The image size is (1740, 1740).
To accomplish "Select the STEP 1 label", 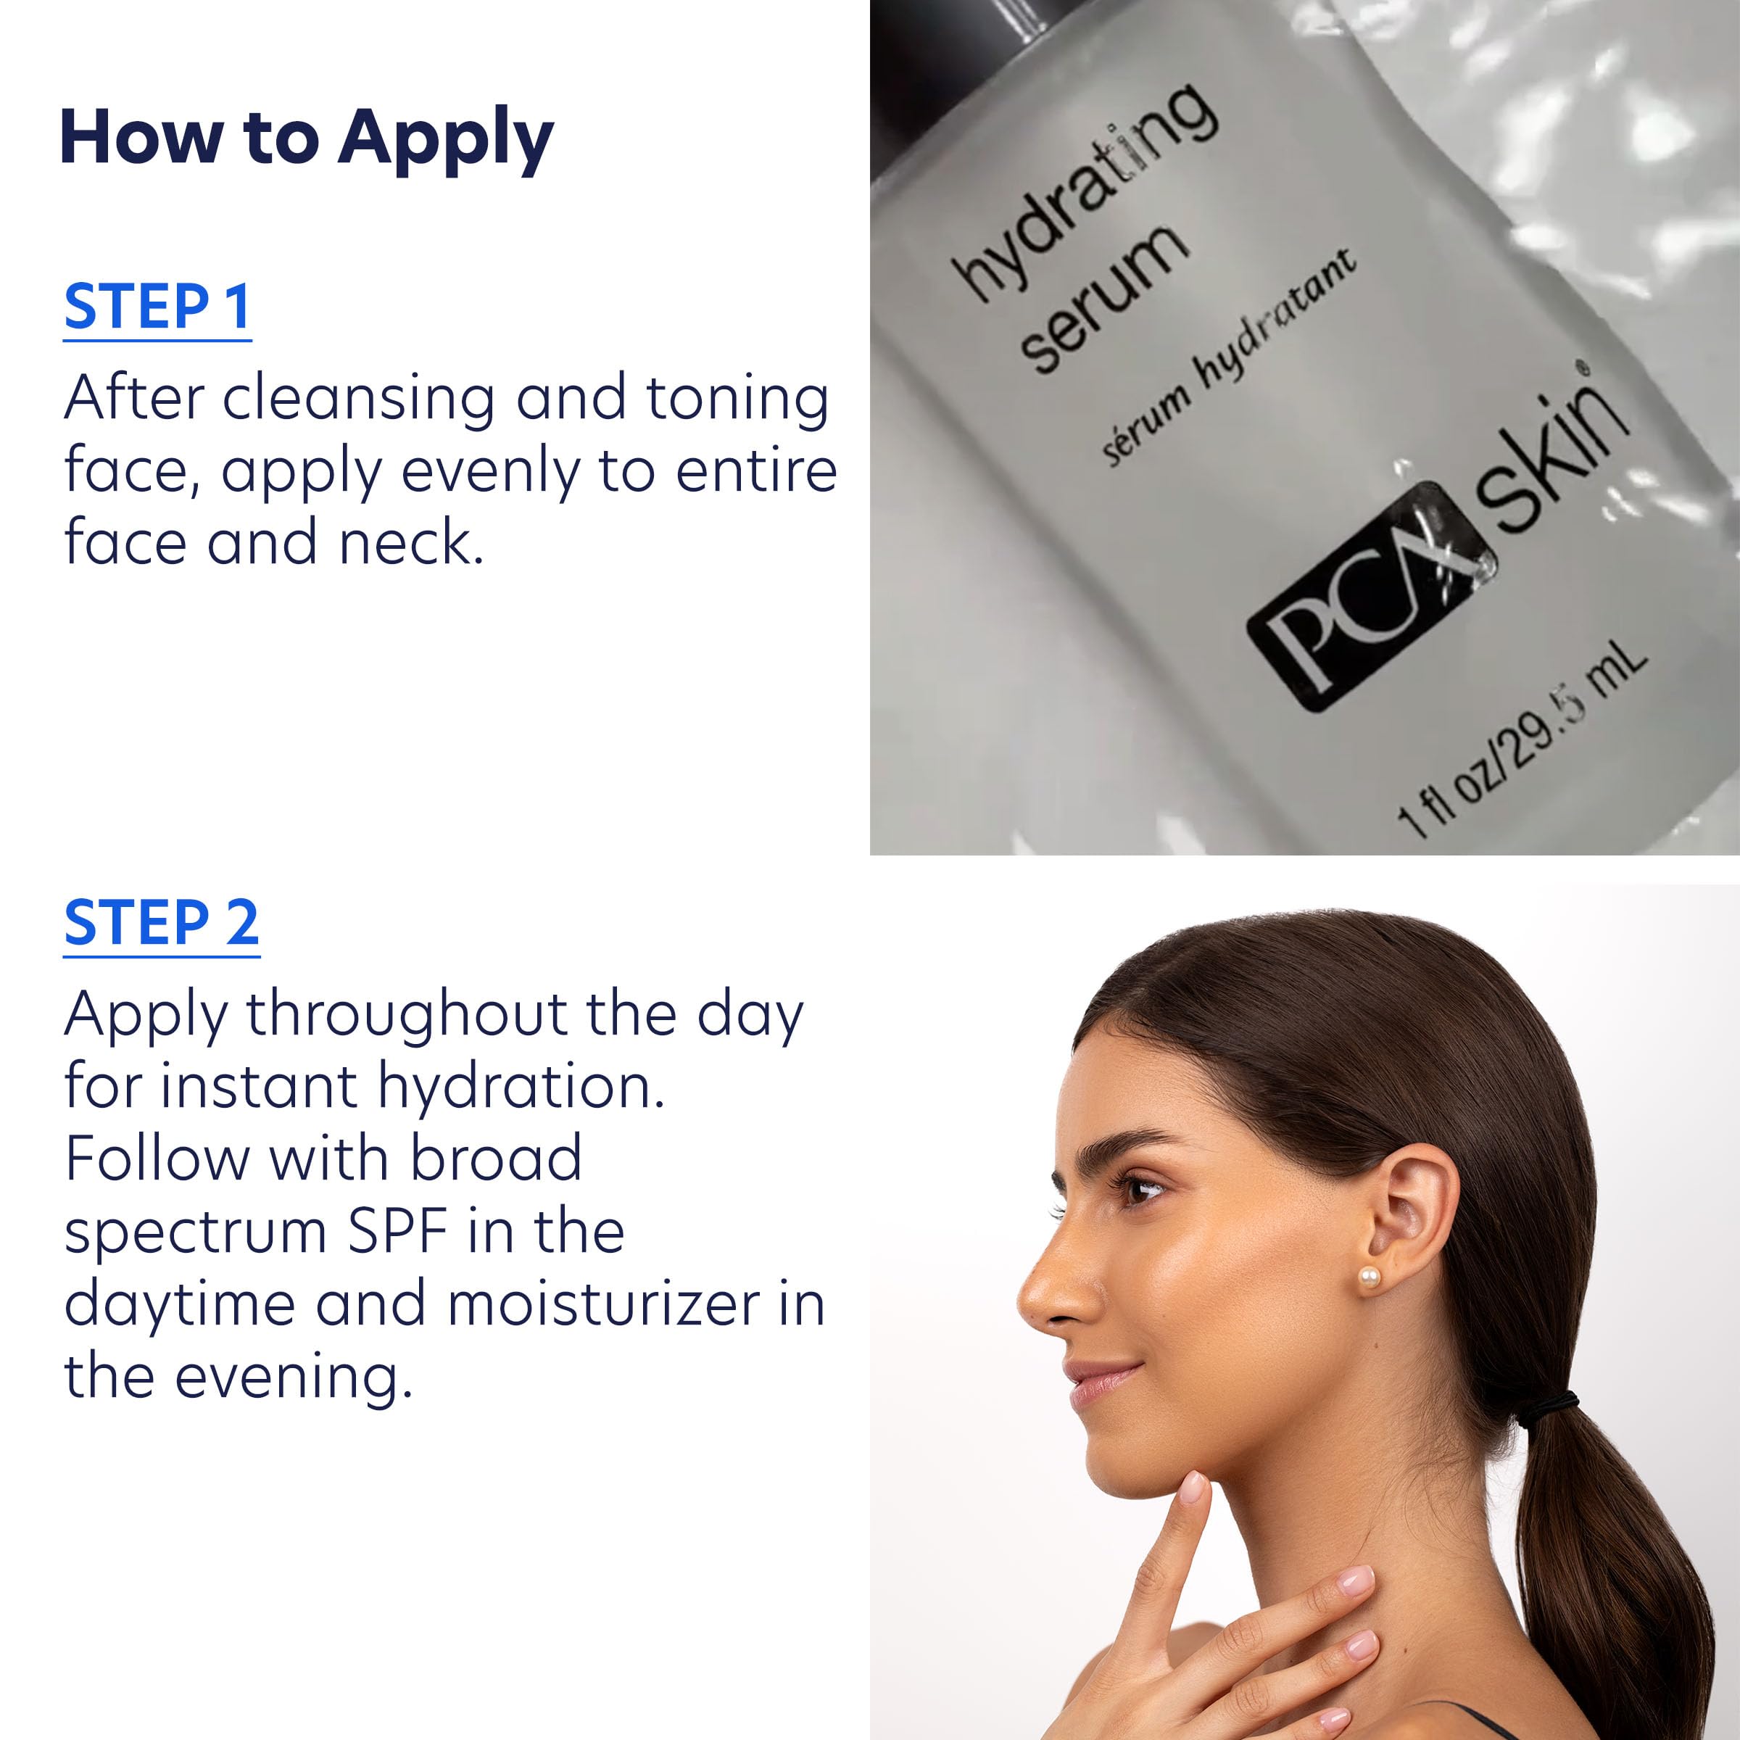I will coord(157,307).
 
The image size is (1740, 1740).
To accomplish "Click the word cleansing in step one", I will coord(358,398).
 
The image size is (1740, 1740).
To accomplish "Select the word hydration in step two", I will coord(521,1086).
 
